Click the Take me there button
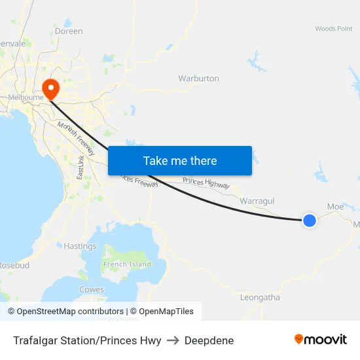[180, 160]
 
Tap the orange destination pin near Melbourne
[50, 88]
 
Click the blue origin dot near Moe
[310, 221]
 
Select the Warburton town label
[198, 79]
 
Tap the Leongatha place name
[260, 297]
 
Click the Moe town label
[335, 206]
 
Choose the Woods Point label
[334, 29]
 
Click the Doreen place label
[69, 31]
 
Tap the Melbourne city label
[25, 98]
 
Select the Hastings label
[80, 246]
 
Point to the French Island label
[127, 264]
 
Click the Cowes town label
[91, 289]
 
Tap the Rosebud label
[14, 266]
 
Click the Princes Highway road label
[206, 183]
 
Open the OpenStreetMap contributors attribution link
[65, 312]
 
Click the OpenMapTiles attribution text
[162, 312]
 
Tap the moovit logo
[320, 339]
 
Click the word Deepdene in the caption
[209, 340]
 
